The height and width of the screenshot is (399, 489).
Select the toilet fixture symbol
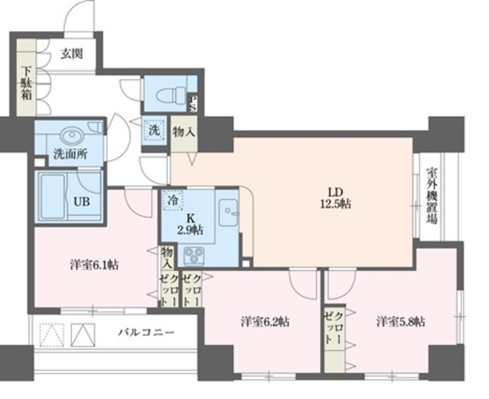[166, 95]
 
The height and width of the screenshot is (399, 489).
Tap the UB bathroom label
[81, 202]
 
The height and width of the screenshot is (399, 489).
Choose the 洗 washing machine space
[154, 130]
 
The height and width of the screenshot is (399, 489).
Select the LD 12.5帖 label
[335, 197]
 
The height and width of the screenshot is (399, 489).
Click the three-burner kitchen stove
[193, 254]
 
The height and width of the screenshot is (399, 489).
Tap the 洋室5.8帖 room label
[400, 321]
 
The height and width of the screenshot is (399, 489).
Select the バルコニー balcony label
[146, 333]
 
